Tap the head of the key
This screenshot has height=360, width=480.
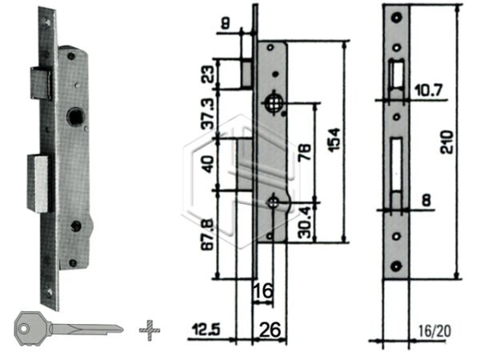point(30,327)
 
